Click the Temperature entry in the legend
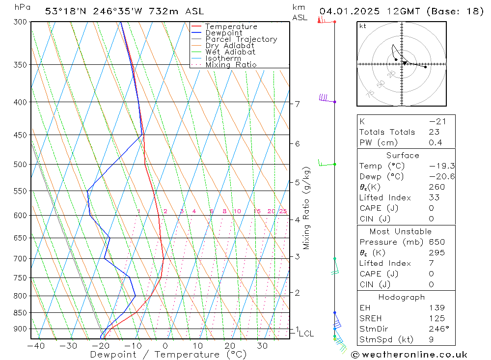click(231, 27)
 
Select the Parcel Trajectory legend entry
click(241, 39)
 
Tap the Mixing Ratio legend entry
click(231, 65)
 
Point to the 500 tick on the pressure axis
click(20, 165)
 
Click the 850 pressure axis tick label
click(20, 313)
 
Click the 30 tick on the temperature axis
click(262, 346)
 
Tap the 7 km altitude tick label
click(297, 104)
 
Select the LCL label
click(306, 334)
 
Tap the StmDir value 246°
click(435, 329)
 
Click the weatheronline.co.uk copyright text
click(409, 355)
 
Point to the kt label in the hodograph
click(363, 26)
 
